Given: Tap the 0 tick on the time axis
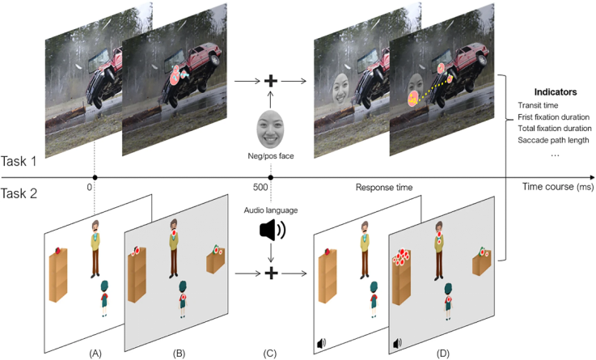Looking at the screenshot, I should (95, 178).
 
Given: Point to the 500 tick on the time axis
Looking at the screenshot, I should (270, 178).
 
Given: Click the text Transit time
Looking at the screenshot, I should (539, 106).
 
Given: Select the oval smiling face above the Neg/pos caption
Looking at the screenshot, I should (271, 125).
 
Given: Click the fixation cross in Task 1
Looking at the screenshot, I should (271, 82).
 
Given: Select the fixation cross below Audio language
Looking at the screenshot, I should (271, 273).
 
